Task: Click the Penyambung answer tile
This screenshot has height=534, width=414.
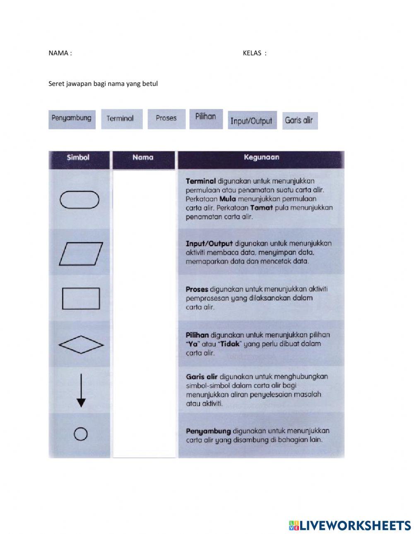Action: coord(72,119)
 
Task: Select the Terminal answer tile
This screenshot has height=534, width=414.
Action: coord(121,119)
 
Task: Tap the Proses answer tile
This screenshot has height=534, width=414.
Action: coord(166,119)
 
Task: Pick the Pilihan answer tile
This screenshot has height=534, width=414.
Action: coord(206,118)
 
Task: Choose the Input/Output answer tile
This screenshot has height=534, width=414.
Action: coord(252,120)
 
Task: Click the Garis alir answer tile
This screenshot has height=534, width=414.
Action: coord(299,121)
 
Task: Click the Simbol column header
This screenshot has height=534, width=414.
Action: coord(78,158)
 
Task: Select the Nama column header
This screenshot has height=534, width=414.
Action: coord(143,158)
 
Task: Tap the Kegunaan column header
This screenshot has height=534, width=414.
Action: coord(261,158)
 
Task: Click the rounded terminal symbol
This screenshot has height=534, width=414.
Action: coord(79,200)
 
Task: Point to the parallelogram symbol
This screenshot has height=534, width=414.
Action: coord(81,254)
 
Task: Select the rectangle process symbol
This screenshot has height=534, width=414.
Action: coord(81,299)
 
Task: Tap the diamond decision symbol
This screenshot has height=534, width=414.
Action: coord(81,345)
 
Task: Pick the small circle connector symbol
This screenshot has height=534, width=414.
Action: coord(80,434)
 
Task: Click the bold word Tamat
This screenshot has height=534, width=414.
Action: coord(262,208)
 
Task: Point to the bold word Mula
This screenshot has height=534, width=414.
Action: coord(227,199)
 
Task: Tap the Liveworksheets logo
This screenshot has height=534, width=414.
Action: coord(350,525)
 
